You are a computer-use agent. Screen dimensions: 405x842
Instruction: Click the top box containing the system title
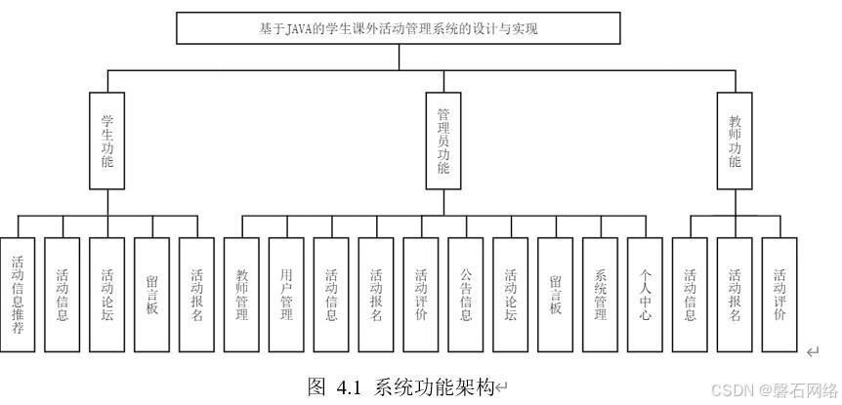click(398, 28)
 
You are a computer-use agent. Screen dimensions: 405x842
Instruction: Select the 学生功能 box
click(107, 141)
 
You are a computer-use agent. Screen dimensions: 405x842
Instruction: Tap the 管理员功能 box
click(442, 141)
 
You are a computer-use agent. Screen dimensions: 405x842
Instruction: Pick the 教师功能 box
click(735, 141)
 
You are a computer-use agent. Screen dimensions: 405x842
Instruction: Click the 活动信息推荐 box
click(19, 295)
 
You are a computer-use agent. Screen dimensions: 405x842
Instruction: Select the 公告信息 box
click(466, 295)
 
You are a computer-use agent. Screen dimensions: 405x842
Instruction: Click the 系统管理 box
click(600, 295)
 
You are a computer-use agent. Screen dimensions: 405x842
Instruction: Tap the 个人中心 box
click(645, 295)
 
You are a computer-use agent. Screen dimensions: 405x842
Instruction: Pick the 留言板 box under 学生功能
click(152, 295)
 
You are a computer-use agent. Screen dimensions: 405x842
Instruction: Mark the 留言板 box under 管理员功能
click(555, 295)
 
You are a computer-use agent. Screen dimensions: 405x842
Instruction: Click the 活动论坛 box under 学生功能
click(107, 295)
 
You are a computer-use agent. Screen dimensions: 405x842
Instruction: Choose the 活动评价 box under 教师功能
click(779, 295)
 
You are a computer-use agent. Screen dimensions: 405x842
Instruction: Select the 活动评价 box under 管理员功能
click(422, 295)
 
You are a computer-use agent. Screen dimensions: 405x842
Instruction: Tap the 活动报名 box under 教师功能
click(735, 295)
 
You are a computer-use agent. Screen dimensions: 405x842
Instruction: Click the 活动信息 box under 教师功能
click(690, 295)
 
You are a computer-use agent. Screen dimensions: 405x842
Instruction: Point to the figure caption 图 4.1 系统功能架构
click(400, 386)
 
